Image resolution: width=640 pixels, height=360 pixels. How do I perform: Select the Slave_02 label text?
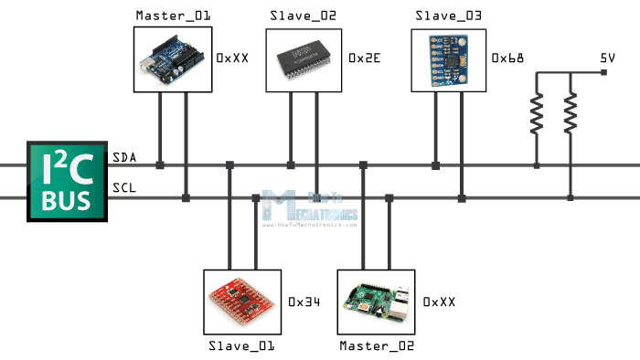(303, 16)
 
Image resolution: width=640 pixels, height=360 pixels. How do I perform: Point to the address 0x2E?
(365, 58)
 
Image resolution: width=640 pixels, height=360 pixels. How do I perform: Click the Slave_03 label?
(449, 16)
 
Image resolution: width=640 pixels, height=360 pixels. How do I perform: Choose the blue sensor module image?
(449, 58)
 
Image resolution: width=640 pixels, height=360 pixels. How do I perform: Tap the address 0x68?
(507, 58)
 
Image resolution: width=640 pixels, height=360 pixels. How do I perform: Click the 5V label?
(607, 58)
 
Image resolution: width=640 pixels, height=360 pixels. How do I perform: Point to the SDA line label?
(124, 158)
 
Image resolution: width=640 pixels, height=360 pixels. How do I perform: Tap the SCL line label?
(124, 189)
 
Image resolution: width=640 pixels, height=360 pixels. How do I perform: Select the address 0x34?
(304, 301)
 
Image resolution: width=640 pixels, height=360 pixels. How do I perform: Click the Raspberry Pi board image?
(376, 302)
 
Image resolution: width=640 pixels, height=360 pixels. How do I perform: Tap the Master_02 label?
(377, 346)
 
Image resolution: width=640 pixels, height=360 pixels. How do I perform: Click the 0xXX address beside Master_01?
(232, 58)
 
